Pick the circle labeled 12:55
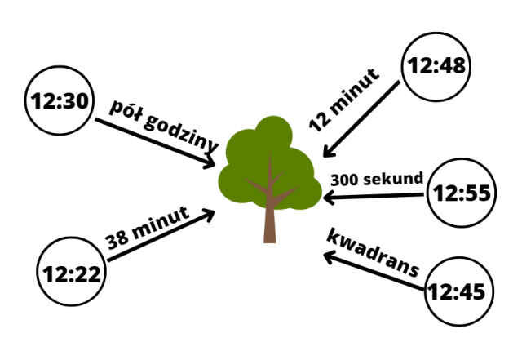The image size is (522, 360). [x=462, y=194]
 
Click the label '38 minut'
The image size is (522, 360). [x=148, y=229]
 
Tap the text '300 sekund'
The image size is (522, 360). [x=376, y=178]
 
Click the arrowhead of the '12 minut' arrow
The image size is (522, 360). [x=326, y=152]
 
